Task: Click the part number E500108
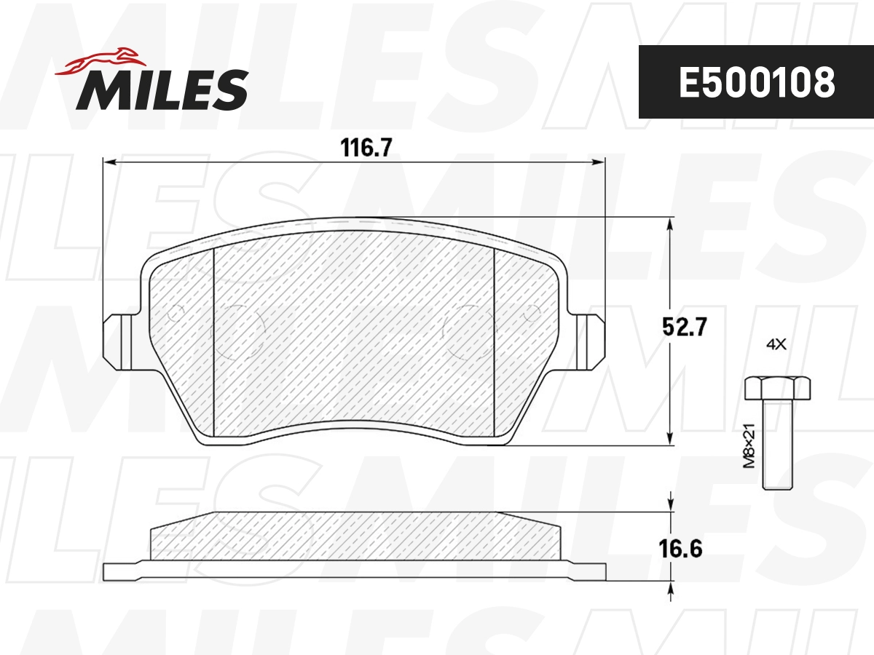click(757, 83)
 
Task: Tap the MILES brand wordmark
click(163, 90)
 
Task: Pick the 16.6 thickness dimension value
click(682, 548)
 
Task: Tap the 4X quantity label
click(776, 345)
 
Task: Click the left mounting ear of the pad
click(119, 341)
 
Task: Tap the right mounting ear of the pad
click(588, 341)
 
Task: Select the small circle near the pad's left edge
click(175, 314)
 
